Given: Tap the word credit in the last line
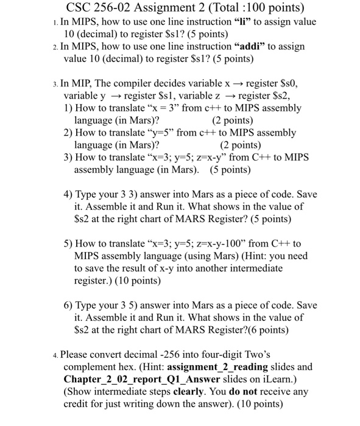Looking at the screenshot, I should (x=77, y=403).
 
